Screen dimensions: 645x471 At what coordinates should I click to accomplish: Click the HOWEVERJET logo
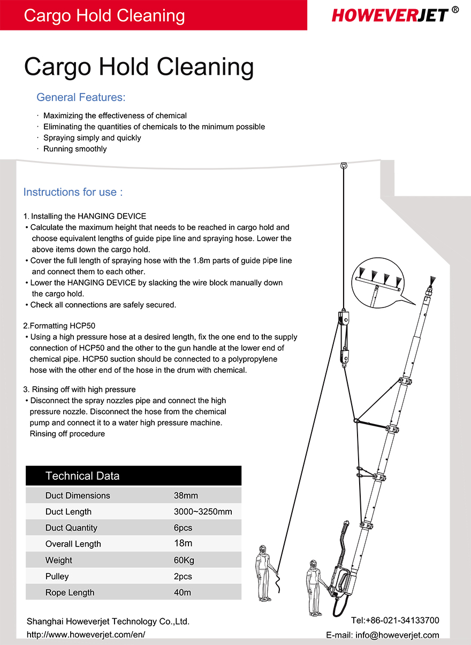click(x=390, y=14)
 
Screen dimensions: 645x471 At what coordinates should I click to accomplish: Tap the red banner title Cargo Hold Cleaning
click(x=104, y=15)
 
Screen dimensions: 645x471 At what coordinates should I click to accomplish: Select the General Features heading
click(x=81, y=97)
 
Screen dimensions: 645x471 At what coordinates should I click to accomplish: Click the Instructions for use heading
click(x=73, y=192)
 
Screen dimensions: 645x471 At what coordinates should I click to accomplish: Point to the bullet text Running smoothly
click(x=75, y=149)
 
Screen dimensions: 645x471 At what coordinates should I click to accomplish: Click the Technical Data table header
click(x=82, y=476)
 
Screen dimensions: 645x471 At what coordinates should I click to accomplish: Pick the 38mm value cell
click(x=186, y=495)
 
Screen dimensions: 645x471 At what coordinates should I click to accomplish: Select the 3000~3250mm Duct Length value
click(x=203, y=512)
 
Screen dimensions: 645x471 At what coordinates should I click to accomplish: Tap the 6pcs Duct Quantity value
click(x=183, y=528)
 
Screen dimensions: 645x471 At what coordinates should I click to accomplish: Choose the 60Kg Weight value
click(x=184, y=560)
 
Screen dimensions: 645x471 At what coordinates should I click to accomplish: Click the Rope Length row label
click(x=70, y=593)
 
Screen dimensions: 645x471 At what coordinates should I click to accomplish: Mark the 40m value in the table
click(x=182, y=593)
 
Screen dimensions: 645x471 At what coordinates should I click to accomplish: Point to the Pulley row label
click(x=57, y=577)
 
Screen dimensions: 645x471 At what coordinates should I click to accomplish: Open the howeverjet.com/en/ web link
click(x=86, y=635)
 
